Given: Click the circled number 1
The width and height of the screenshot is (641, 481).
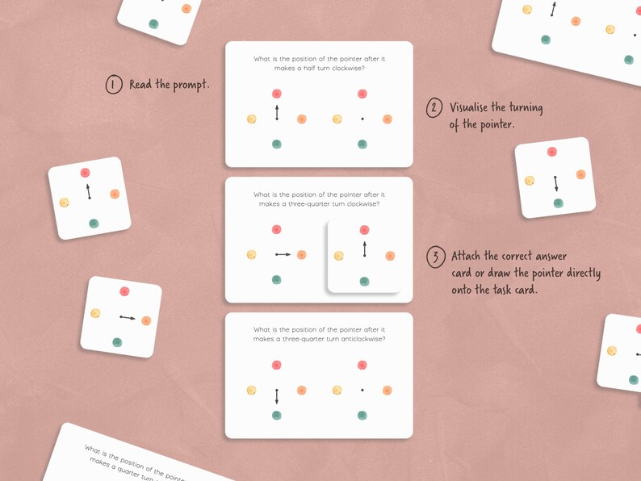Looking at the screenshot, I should click(114, 85).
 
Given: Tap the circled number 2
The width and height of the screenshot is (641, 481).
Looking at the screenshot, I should click(434, 108).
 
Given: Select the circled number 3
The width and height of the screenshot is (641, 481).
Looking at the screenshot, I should click(435, 257).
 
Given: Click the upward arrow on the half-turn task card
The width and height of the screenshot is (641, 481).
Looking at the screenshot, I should click(277, 112).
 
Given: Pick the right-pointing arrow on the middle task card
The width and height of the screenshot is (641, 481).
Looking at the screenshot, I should click(283, 255).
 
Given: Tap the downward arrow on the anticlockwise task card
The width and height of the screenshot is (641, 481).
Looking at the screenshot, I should click(277, 396).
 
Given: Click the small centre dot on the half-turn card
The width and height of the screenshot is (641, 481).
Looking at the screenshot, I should click(362, 119).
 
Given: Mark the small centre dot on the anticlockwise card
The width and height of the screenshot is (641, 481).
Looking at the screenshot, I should click(362, 390).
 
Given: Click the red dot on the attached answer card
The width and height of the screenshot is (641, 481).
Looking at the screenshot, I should click(364, 230).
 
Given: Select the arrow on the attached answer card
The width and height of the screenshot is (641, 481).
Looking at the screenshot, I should click(364, 249).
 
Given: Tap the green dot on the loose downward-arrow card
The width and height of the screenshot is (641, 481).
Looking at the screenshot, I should click(558, 203).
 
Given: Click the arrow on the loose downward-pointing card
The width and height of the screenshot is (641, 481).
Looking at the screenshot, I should click(555, 183).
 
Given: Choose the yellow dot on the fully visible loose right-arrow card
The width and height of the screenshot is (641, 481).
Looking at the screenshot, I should click(95, 313).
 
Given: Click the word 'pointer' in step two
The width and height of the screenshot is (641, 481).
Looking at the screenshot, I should click(492, 125).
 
